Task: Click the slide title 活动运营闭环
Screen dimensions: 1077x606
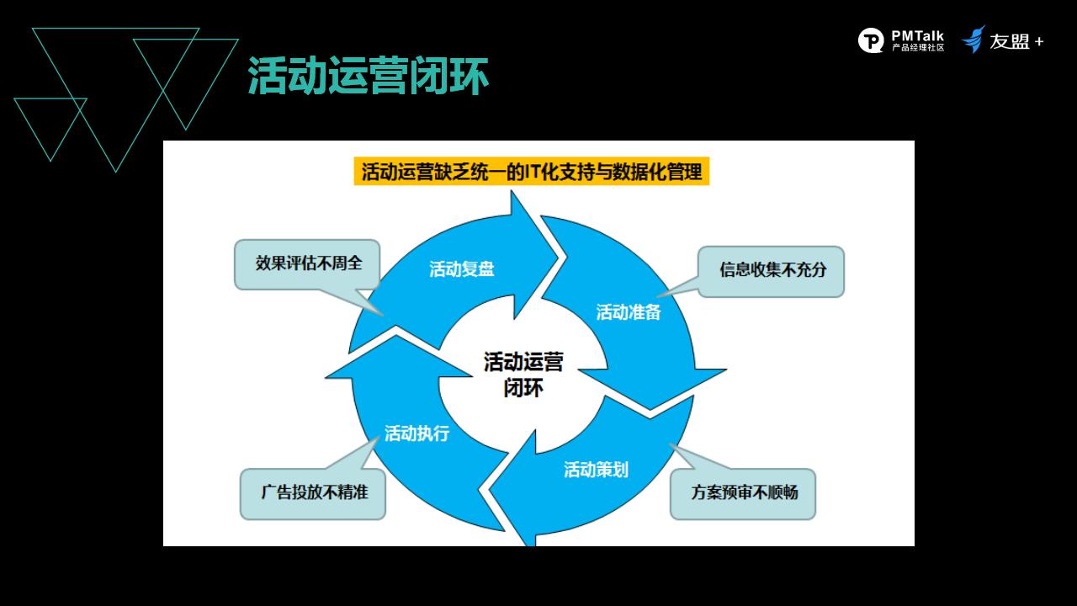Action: pyautogui.click(x=368, y=76)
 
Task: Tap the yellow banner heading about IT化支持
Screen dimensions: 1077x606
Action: pyautogui.click(x=531, y=171)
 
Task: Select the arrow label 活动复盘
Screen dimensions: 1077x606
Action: pyautogui.click(x=462, y=268)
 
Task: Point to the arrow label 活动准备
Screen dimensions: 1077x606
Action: pyautogui.click(x=629, y=312)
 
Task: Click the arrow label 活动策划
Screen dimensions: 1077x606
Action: pyautogui.click(x=596, y=470)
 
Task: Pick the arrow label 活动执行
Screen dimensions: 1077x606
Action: pyautogui.click(x=416, y=433)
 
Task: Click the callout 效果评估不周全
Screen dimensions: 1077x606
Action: pyautogui.click(x=308, y=264)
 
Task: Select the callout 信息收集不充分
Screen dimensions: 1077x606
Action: pyautogui.click(x=771, y=271)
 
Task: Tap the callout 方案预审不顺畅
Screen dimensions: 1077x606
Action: pyautogui.click(x=743, y=493)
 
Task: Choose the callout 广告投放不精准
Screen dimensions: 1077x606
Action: pyautogui.click(x=313, y=493)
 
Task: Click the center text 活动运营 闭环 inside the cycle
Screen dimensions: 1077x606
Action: pyautogui.click(x=523, y=375)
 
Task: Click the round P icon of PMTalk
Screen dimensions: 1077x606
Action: pyautogui.click(x=871, y=40)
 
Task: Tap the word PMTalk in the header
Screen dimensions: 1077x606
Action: pyautogui.click(x=917, y=36)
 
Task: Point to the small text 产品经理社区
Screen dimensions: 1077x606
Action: pyautogui.click(x=918, y=48)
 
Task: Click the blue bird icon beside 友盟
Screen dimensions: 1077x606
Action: pyautogui.click(x=974, y=40)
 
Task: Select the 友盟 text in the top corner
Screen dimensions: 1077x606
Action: pyautogui.click(x=1009, y=41)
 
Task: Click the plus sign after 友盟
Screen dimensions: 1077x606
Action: pyautogui.click(x=1039, y=42)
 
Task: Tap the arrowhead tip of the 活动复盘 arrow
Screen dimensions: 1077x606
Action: pyautogui.click(x=558, y=257)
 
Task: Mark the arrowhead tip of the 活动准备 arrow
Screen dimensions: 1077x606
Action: pyautogui.click(x=650, y=410)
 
